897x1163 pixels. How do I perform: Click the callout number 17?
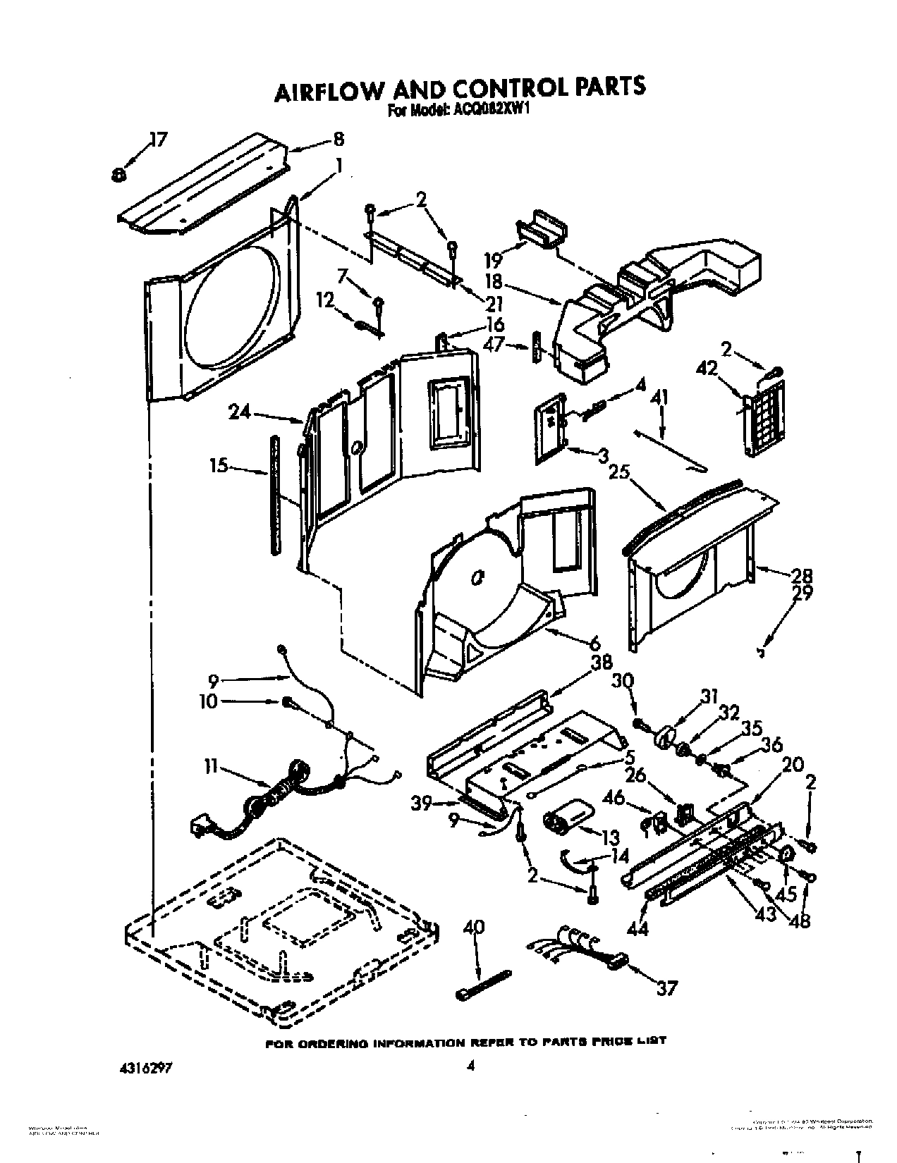point(158,140)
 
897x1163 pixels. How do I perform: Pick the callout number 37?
point(666,988)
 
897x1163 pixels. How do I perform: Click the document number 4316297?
point(140,1047)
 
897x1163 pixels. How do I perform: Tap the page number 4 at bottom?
point(470,1047)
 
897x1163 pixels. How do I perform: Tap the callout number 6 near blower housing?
point(594,643)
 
